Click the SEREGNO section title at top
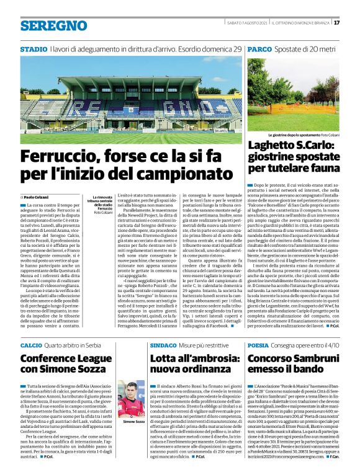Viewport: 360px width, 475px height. pyautogui.click(x=53, y=25)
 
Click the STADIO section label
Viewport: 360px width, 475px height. pyautogui.click(x=33, y=48)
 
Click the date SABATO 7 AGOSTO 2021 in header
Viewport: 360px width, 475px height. pyautogui.click(x=246, y=23)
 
